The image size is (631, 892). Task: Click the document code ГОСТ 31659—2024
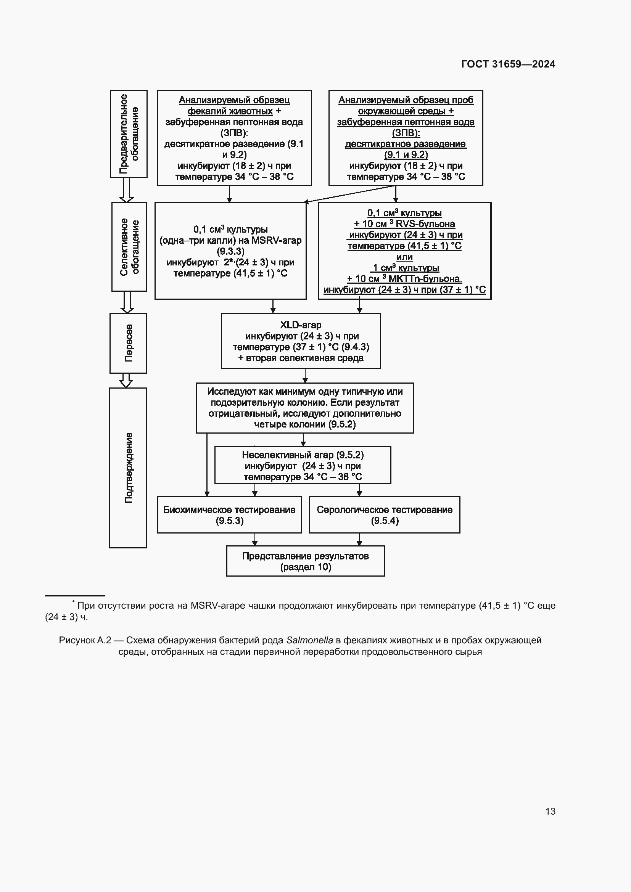tap(508, 64)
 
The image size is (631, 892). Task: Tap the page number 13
tap(550, 811)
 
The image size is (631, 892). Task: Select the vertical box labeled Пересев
tap(128, 343)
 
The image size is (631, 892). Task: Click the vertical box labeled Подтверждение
tap(128, 468)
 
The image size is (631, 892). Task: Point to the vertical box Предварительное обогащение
tap(129, 133)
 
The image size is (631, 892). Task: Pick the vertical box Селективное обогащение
tap(129, 247)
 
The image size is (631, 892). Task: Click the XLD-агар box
tap(301, 341)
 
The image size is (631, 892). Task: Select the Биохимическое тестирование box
tap(229, 515)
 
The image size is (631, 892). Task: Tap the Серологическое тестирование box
tap(384, 515)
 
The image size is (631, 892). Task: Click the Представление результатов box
tap(306, 561)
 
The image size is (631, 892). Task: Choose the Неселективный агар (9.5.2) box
tap(303, 465)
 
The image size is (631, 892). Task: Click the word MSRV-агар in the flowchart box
tap(276, 241)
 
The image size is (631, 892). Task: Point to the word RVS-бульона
tap(425, 224)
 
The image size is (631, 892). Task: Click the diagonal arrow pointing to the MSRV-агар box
tap(350, 194)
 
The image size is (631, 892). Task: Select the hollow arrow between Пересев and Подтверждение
tap(126, 380)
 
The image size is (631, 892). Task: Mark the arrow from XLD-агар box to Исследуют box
tap(305, 376)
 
